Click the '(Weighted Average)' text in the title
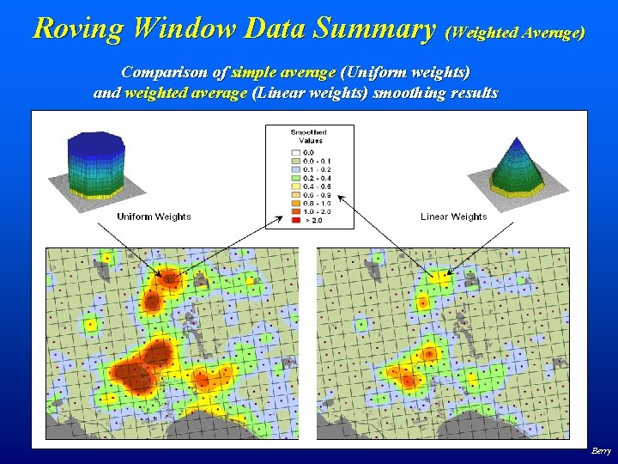coord(516,33)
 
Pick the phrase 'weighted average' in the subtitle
coord(185,93)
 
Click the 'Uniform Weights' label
coord(154,217)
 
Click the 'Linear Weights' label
coord(453,217)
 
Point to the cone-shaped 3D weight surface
coord(517,167)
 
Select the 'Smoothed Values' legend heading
coord(309,136)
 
